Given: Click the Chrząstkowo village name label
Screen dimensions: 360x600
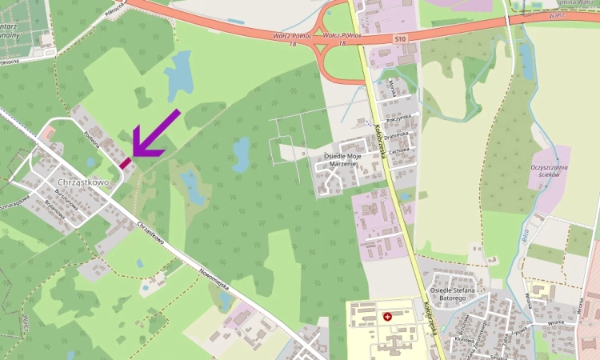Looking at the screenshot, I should click(x=84, y=182).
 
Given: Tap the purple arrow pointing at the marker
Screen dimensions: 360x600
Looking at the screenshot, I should click(x=154, y=134).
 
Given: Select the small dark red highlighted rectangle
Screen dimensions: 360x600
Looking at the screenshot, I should click(x=125, y=162).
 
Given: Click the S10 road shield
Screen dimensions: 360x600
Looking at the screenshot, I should click(x=399, y=38).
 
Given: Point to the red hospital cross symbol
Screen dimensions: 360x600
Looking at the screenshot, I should click(x=388, y=317).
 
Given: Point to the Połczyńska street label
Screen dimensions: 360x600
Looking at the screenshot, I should click(x=398, y=119).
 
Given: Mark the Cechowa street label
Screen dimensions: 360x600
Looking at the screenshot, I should click(x=400, y=149).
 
